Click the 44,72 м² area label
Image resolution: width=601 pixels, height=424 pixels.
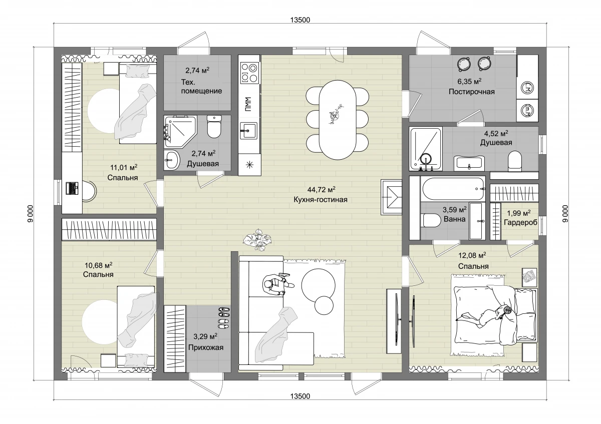[321, 190]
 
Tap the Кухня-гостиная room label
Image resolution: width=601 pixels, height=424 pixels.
[321, 200]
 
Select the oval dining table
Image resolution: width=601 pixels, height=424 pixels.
[338, 120]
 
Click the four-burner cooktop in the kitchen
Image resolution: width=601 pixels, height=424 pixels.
[249, 73]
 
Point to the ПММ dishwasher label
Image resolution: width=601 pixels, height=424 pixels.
[248, 104]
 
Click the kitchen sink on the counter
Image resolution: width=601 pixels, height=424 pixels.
[248, 131]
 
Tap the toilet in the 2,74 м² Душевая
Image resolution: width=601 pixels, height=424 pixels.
[214, 127]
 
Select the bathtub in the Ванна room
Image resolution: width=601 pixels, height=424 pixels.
[453, 189]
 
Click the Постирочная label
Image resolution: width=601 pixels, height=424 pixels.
[472, 92]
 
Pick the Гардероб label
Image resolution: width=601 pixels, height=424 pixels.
[521, 222]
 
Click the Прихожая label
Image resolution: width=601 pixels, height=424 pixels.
[206, 347]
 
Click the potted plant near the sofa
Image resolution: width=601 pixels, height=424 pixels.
[257, 240]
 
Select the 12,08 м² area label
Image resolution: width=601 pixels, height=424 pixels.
[472, 255]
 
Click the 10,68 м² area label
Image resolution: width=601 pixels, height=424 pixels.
[99, 265]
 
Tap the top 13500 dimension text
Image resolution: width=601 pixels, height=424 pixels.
[300, 20]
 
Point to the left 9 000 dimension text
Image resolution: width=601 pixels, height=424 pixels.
[31, 213]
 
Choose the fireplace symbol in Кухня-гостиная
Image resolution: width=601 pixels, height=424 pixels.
[392, 197]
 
